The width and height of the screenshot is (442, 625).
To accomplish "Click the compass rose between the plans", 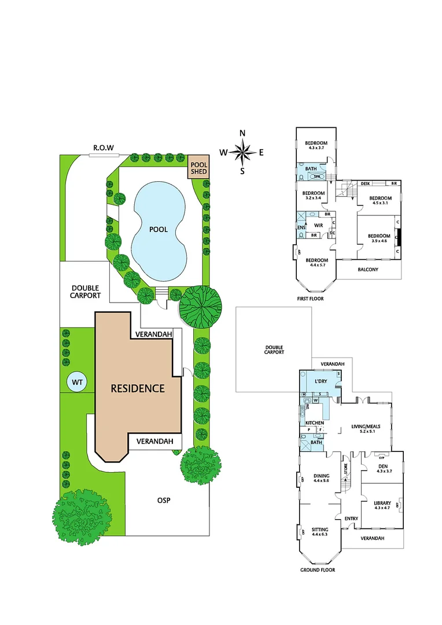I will point(242,152).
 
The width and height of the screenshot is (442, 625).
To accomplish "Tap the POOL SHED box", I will point(198,167).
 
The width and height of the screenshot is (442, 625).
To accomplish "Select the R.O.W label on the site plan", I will point(104,148).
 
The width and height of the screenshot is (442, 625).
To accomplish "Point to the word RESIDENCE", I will point(138,388).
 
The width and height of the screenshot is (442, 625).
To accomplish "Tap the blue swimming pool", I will point(159,230).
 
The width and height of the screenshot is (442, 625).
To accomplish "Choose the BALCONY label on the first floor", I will point(367,269).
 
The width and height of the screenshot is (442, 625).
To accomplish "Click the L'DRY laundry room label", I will point(320,383).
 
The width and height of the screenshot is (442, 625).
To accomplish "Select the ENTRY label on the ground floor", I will point(351,518).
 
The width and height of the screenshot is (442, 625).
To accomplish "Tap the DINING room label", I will point(321,477).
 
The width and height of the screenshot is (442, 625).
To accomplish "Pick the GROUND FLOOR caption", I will point(317,569).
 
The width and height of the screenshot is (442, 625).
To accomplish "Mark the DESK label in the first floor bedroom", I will point(365,183).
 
